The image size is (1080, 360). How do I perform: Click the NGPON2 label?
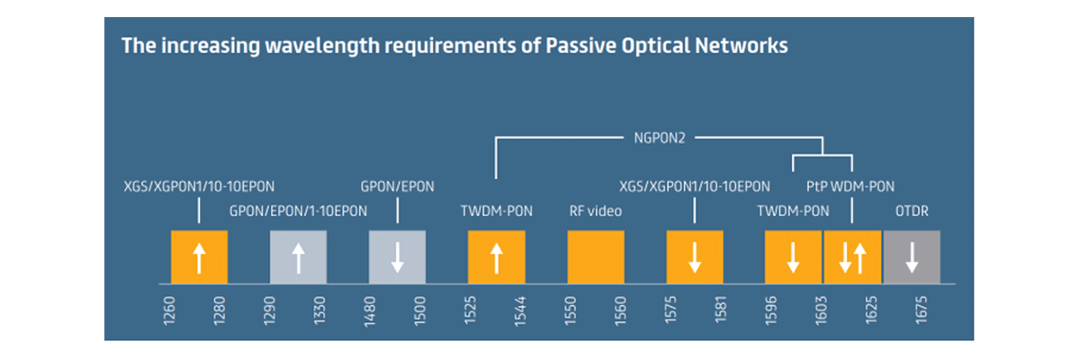click(x=659, y=139)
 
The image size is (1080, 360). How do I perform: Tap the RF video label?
click(x=596, y=211)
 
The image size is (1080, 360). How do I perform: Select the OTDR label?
click(x=912, y=211)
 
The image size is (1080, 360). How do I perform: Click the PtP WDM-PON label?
click(x=850, y=186)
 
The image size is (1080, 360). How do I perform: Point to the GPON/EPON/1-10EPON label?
click(x=298, y=211)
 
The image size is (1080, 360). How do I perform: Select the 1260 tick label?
click(x=169, y=310)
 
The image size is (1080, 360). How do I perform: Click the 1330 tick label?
click(x=319, y=310)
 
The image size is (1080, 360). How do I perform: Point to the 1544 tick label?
click(x=520, y=311)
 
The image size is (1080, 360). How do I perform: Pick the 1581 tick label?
click(x=720, y=310)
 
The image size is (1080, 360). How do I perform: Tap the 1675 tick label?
click(x=921, y=310)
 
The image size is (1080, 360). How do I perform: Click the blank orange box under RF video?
click(x=596, y=256)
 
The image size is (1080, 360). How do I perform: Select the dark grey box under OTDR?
click(x=912, y=256)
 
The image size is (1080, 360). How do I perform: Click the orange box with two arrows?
click(x=852, y=256)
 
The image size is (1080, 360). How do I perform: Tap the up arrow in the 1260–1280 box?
click(x=199, y=258)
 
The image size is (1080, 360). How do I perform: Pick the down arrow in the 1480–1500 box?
click(x=397, y=257)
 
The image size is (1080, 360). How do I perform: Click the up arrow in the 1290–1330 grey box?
click(x=299, y=258)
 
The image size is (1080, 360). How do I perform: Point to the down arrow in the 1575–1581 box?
click(x=695, y=257)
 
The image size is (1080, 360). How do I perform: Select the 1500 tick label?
click(x=420, y=310)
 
